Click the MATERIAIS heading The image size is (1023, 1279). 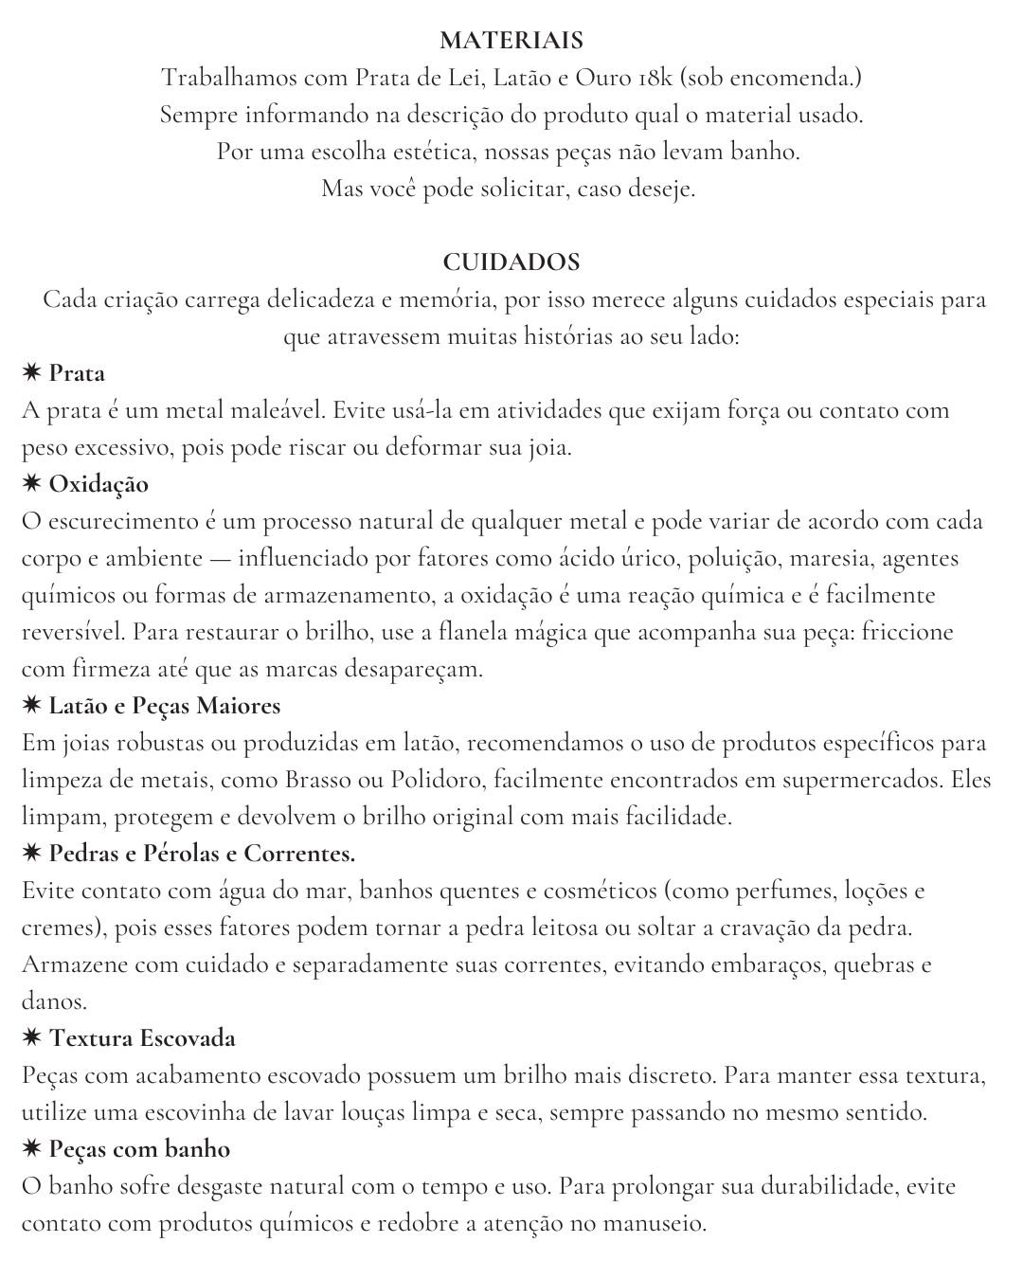click(x=511, y=41)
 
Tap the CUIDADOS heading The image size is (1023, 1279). click(x=511, y=261)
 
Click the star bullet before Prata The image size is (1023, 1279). click(x=31, y=373)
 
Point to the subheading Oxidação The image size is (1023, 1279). click(x=99, y=484)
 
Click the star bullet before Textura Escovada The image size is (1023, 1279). click(x=31, y=1038)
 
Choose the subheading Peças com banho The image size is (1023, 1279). click(x=139, y=1149)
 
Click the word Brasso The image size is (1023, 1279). click(x=316, y=780)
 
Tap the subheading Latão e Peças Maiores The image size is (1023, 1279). click(x=165, y=706)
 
